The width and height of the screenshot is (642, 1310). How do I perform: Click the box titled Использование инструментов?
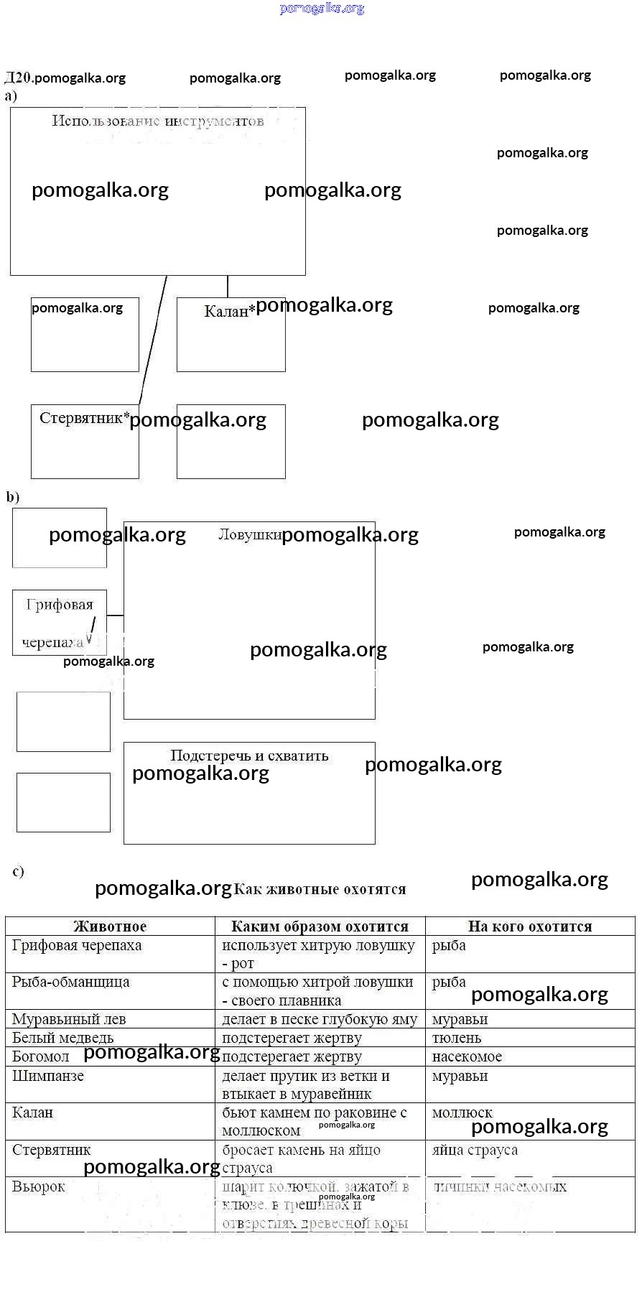pyautogui.click(x=158, y=191)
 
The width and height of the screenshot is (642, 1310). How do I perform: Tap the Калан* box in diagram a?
pyautogui.click(x=231, y=334)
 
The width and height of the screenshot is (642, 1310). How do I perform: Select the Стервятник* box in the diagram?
pyautogui.click(x=85, y=441)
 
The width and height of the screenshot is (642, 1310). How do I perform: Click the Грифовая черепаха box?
pyautogui.click(x=59, y=622)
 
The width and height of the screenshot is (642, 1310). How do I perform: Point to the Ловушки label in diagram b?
pyautogui.click(x=249, y=534)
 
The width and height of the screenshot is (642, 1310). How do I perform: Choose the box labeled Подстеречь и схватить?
pyautogui.click(x=249, y=792)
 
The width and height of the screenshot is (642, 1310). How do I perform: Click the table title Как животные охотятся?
pyautogui.click(x=320, y=889)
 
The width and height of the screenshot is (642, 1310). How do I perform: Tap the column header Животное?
pyautogui.click(x=110, y=926)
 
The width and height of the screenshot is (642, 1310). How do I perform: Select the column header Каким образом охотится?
pyautogui.click(x=320, y=926)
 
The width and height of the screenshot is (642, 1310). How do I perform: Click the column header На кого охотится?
pyautogui.click(x=530, y=926)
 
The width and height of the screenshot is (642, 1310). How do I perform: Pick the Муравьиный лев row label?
pyautogui.click(x=69, y=1019)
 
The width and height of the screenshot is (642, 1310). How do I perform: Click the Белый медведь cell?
pyautogui.click(x=63, y=1038)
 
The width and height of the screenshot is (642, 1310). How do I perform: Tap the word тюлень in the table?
pyautogui.click(x=457, y=1038)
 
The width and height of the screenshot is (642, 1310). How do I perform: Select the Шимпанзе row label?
pyautogui.click(x=48, y=1076)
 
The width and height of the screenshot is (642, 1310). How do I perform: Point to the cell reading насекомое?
pyautogui.click(x=467, y=1056)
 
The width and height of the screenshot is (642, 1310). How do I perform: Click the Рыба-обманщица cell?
pyautogui.click(x=71, y=982)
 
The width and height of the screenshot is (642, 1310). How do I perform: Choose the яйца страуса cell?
pyautogui.click(x=475, y=1150)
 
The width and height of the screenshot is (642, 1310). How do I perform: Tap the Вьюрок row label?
pyautogui.click(x=39, y=1187)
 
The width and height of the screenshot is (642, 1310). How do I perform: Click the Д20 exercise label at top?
pyautogui.click(x=17, y=78)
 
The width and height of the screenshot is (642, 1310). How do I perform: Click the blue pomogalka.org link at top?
pyautogui.click(x=322, y=9)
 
